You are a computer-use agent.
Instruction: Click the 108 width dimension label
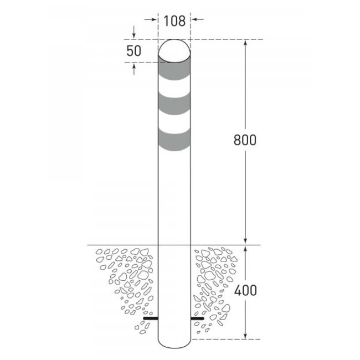pos(174,22)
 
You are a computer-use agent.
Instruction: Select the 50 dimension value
pos(133,51)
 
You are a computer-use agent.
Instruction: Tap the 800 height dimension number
pos(244,140)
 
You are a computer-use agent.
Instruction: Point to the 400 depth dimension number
pos(244,290)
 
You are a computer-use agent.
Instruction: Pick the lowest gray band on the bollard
pos(174,140)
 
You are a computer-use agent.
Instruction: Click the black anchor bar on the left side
pos(150,318)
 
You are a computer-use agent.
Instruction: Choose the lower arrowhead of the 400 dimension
pos(244,335)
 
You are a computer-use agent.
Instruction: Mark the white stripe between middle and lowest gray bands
pos(174,120)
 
